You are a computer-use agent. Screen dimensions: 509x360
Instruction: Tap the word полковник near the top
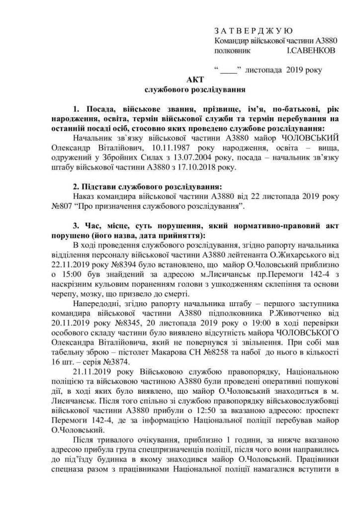click(231, 50)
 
